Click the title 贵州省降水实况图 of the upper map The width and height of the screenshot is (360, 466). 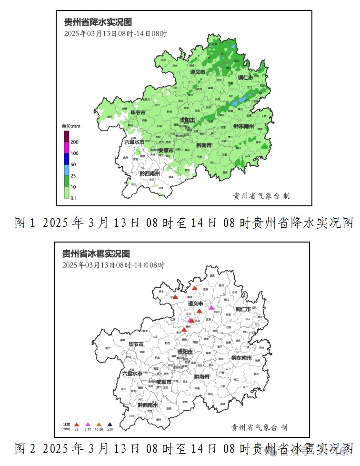tap(98, 22)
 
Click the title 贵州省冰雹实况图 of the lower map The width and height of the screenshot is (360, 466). tap(96, 254)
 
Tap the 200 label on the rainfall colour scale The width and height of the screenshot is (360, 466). tap(75, 142)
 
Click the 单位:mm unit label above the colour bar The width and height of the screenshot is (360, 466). tap(71, 126)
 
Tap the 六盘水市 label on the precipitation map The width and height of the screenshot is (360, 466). tap(134, 142)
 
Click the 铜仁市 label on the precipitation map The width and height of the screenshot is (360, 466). tap(247, 78)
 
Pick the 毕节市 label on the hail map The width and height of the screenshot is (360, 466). tap(132, 344)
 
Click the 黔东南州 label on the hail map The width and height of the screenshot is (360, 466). tap(241, 358)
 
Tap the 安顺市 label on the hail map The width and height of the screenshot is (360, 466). tap(163, 382)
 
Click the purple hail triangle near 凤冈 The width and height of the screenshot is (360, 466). tap(211, 307)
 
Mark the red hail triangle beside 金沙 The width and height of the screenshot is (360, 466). tap(184, 329)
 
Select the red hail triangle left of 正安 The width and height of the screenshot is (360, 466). tap(194, 288)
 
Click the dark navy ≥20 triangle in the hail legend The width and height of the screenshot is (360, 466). tap(110, 424)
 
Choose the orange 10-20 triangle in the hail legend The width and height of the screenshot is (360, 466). tap(99, 424)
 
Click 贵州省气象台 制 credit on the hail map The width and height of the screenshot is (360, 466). tap(259, 427)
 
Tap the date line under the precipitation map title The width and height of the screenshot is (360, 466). tap(115, 34)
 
